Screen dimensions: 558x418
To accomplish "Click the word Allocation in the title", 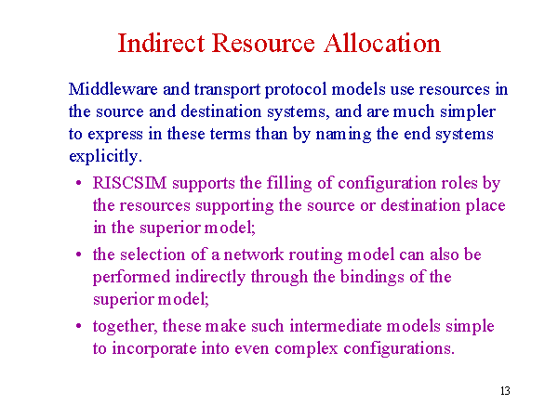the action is [382, 44].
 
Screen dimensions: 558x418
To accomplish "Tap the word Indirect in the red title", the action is [161, 44].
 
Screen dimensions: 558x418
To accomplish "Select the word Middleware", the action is [113, 89].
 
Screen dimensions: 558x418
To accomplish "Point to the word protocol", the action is [296, 90].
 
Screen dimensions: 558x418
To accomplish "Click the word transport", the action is [228, 90].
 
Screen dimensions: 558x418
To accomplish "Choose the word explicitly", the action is [105, 157].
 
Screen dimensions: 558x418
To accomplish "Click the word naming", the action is [343, 135].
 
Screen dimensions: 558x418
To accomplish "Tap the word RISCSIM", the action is [129, 183].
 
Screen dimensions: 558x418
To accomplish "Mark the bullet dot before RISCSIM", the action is [79, 183].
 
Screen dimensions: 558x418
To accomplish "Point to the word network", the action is [253, 255].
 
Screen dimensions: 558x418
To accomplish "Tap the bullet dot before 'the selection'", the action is [79, 255].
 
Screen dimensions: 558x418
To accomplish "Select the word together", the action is [125, 327].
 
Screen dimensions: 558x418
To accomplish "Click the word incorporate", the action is [154, 349].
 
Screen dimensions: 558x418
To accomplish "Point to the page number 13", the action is [505, 391].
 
